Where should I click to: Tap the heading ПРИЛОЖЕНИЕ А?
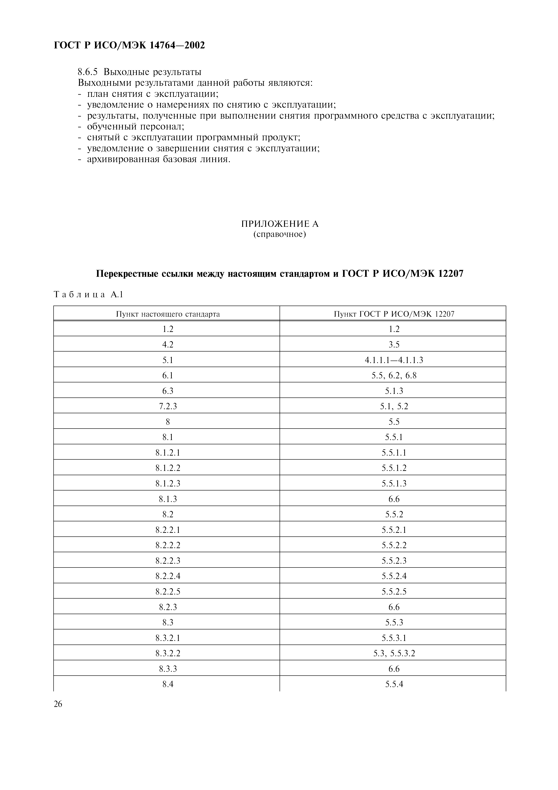pyautogui.click(x=280, y=224)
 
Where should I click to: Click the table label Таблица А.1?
pyautogui.click(x=88, y=295)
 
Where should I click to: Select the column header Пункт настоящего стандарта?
pyautogui.click(x=167, y=314)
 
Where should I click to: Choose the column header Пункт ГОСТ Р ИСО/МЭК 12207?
pyautogui.click(x=394, y=314)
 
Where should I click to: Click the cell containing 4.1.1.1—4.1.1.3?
pyautogui.click(x=394, y=360)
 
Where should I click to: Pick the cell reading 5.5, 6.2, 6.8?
pyautogui.click(x=394, y=375)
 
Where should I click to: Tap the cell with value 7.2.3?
pyautogui.click(x=167, y=406)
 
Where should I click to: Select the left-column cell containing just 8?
pyautogui.click(x=167, y=422)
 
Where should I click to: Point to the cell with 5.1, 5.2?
pyautogui.click(x=394, y=406)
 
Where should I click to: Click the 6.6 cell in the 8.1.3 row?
pyautogui.click(x=394, y=499)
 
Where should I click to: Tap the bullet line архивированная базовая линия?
pyautogui.click(x=158, y=160)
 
